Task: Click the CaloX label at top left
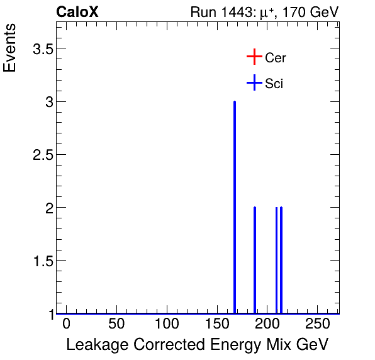(77, 12)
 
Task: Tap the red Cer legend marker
(254, 57)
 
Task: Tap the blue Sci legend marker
(254, 83)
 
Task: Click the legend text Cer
(276, 58)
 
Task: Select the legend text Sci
(274, 84)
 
